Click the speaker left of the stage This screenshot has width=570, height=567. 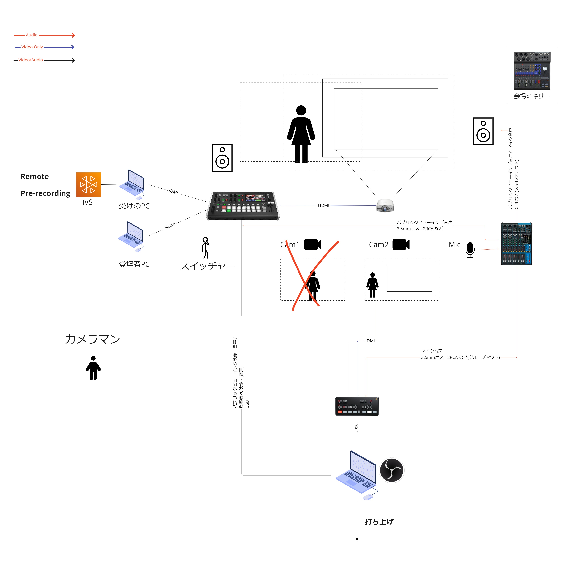tap(222, 158)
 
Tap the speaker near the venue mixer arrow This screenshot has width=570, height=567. tap(483, 131)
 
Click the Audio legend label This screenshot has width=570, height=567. tap(32, 35)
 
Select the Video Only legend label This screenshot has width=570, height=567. tap(32, 47)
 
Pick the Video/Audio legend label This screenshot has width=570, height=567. tap(31, 60)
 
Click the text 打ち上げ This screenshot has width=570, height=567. tap(379, 521)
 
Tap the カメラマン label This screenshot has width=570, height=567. tap(92, 339)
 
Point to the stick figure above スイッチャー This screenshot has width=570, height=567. tap(205, 247)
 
